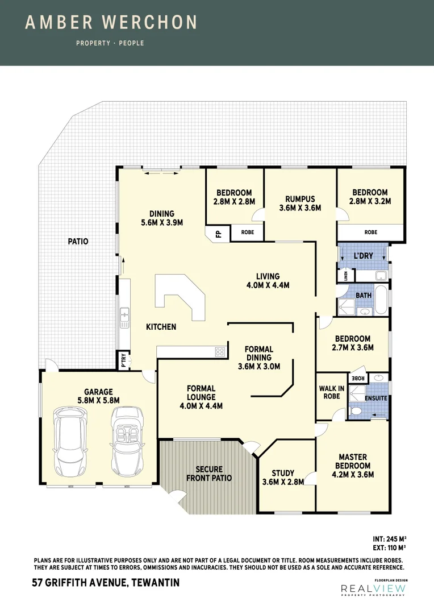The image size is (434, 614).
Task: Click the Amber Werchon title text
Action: pos(111,23)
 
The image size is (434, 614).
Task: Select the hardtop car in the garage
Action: pos(68,441)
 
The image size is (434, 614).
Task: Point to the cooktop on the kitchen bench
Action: pos(220,352)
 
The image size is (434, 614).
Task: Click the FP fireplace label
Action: pos(218,233)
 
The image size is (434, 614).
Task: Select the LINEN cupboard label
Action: pos(345,276)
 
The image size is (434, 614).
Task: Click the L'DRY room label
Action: pos(364,256)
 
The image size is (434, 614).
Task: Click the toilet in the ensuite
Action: pos(357,410)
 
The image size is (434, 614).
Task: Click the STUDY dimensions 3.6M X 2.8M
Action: pos(283,482)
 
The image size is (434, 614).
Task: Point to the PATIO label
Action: pos(78,241)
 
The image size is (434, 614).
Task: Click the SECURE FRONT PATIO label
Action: pos(209,474)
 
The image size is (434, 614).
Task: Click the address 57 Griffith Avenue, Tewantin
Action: pos(106,583)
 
